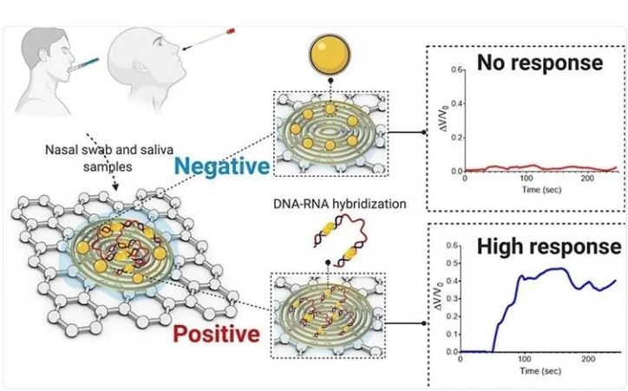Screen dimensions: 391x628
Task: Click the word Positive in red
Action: tap(216, 333)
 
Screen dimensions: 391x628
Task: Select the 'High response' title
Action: tap(548, 246)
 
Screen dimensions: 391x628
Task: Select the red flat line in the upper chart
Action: tap(538, 167)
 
